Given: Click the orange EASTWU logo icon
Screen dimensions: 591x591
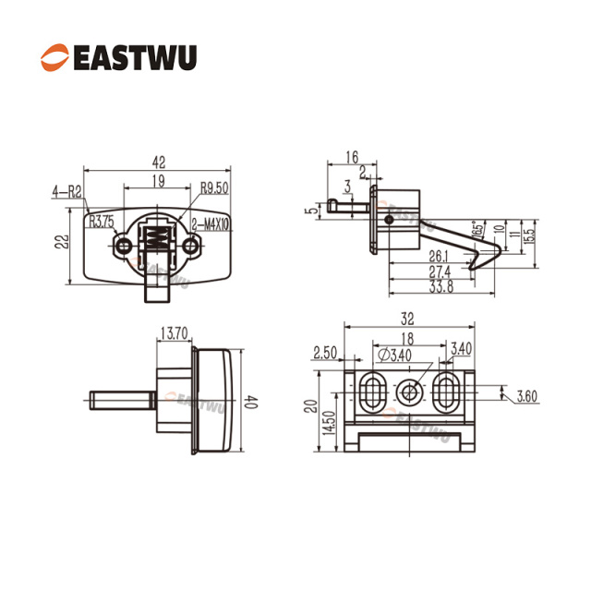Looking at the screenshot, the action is [55, 57].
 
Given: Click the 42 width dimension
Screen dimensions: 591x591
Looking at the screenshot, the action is [159, 163].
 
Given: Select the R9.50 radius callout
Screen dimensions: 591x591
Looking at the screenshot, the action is [214, 187].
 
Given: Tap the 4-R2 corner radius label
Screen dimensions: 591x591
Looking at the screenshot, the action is [66, 192].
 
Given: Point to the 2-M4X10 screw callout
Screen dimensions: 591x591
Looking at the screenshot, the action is [210, 224].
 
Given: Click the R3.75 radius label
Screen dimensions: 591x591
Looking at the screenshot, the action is [102, 222].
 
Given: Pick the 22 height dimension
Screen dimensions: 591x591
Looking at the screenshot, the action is [62, 242].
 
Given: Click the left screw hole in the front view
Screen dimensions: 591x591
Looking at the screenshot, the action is [123, 247].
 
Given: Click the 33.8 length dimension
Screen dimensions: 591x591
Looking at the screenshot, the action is [441, 287].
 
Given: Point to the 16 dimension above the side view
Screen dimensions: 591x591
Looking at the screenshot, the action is [352, 157].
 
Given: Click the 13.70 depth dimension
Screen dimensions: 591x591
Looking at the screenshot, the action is [175, 333].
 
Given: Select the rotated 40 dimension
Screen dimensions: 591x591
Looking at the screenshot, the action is [251, 402].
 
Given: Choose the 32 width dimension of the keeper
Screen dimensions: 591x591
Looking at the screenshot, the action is [407, 319].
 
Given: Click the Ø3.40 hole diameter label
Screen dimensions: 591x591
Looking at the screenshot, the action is [395, 355].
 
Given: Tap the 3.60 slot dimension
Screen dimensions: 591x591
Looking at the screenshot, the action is [526, 396].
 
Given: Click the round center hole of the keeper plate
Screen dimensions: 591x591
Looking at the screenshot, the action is [409, 392].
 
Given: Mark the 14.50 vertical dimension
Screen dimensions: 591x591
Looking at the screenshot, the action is [328, 423].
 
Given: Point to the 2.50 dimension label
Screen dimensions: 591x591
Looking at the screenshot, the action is [325, 353].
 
